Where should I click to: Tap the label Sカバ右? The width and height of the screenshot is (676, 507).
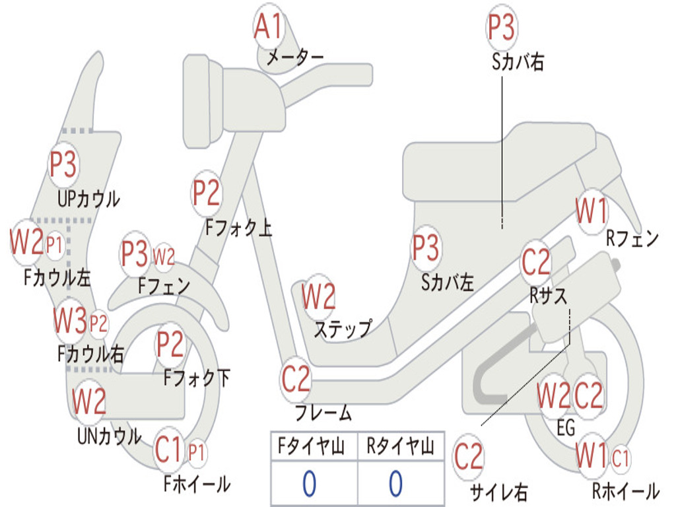pyautogui.click(x=518, y=62)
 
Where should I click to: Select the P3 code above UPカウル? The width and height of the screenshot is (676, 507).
pyautogui.click(x=63, y=164)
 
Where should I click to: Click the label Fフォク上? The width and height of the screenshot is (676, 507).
pyautogui.click(x=238, y=228)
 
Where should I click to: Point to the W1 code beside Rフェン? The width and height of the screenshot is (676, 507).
pyautogui.click(x=591, y=212)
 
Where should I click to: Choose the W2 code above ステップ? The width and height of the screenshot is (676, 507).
pyautogui.click(x=318, y=296)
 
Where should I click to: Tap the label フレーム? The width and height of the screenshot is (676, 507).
pyautogui.click(x=323, y=414)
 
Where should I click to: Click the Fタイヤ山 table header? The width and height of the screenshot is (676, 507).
pyautogui.click(x=314, y=447)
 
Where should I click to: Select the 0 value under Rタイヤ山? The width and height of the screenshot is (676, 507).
pyautogui.click(x=395, y=484)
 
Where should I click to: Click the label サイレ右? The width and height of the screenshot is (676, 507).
pyautogui.click(x=499, y=491)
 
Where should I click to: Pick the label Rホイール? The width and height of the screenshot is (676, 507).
pyautogui.click(x=625, y=491)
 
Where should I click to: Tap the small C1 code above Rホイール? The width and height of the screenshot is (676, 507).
pyautogui.click(x=621, y=456)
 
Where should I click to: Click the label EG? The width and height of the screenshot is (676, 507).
pyautogui.click(x=566, y=428)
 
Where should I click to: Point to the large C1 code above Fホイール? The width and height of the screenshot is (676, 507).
pyautogui.click(x=168, y=451)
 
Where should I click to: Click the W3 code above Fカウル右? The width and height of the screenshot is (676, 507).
pyautogui.click(x=70, y=321)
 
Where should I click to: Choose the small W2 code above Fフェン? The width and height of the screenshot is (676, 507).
pyautogui.click(x=164, y=256)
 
